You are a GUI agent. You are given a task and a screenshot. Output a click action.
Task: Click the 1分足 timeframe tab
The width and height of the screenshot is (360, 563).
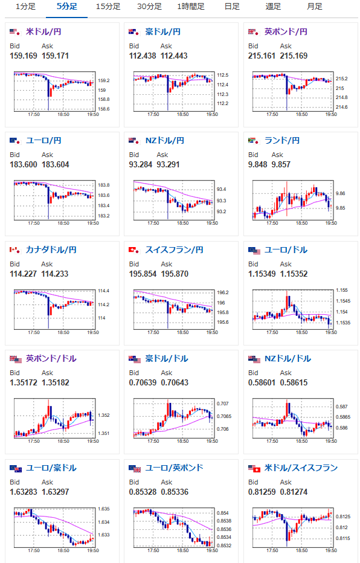[x=25, y=7]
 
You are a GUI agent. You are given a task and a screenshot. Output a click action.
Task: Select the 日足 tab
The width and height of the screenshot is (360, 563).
[x=232, y=7]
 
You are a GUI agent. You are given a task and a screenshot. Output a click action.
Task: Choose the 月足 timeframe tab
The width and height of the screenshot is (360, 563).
[x=315, y=7]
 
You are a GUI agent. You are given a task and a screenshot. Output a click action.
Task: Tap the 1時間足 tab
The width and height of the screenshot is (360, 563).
[x=191, y=7]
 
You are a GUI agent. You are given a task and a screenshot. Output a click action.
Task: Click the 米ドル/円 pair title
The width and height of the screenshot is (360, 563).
[x=43, y=31]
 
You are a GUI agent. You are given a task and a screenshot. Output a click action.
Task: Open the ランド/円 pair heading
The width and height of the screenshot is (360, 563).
[x=281, y=140]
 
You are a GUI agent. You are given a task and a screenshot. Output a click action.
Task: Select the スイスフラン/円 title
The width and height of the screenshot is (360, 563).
[x=174, y=249]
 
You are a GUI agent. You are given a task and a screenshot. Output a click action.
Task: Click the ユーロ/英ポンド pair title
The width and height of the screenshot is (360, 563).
[x=174, y=468]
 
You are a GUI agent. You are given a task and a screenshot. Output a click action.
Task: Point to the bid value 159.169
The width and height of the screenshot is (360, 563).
[x=24, y=56]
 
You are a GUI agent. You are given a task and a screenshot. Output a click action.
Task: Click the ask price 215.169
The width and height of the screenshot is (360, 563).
[x=294, y=56]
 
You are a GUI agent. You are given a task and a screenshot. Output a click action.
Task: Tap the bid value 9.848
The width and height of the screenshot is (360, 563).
[x=258, y=164]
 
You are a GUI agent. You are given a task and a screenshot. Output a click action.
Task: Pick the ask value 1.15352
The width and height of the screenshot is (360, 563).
[x=294, y=274]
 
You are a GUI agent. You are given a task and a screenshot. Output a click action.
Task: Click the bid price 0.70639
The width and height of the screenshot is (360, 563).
[x=143, y=382]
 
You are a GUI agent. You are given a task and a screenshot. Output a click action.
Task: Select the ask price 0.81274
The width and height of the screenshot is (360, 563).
[x=294, y=492]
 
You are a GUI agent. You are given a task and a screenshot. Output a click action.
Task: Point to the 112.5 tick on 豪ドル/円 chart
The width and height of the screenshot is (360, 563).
[x=222, y=75]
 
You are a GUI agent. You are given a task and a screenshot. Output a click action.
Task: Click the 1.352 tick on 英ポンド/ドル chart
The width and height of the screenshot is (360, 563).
[x=104, y=415]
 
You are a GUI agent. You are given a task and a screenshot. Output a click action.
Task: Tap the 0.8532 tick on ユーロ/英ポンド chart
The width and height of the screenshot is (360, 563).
[x=224, y=545]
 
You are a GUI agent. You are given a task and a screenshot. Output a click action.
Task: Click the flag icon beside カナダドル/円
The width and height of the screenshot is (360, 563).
[x=14, y=250]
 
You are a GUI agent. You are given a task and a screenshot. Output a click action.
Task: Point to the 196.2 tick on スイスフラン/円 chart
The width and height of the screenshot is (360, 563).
[x=222, y=292]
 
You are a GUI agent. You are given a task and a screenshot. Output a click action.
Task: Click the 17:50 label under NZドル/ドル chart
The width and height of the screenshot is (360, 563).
[x=272, y=441]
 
